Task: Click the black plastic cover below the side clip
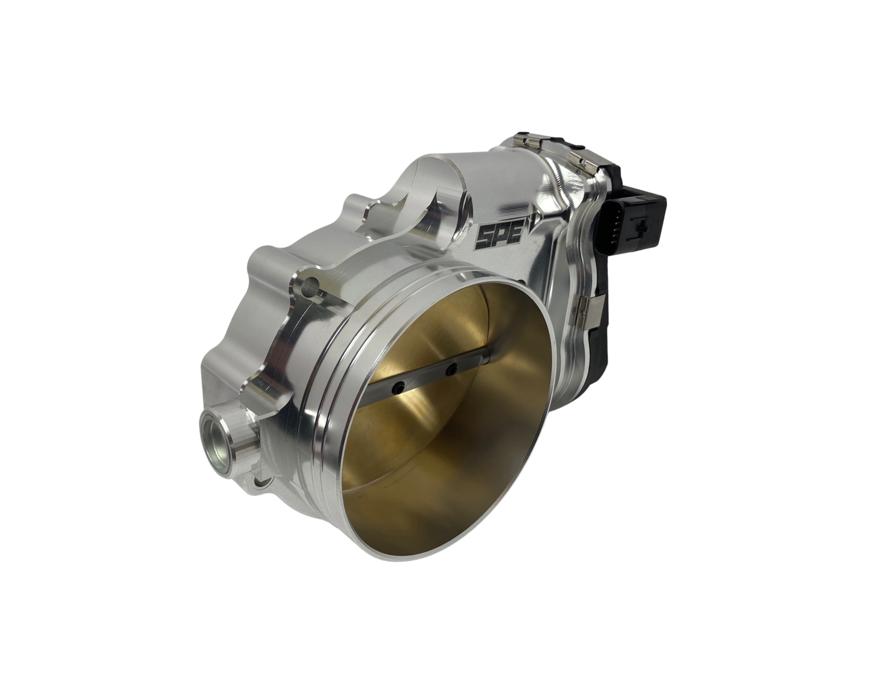(x=593, y=360)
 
